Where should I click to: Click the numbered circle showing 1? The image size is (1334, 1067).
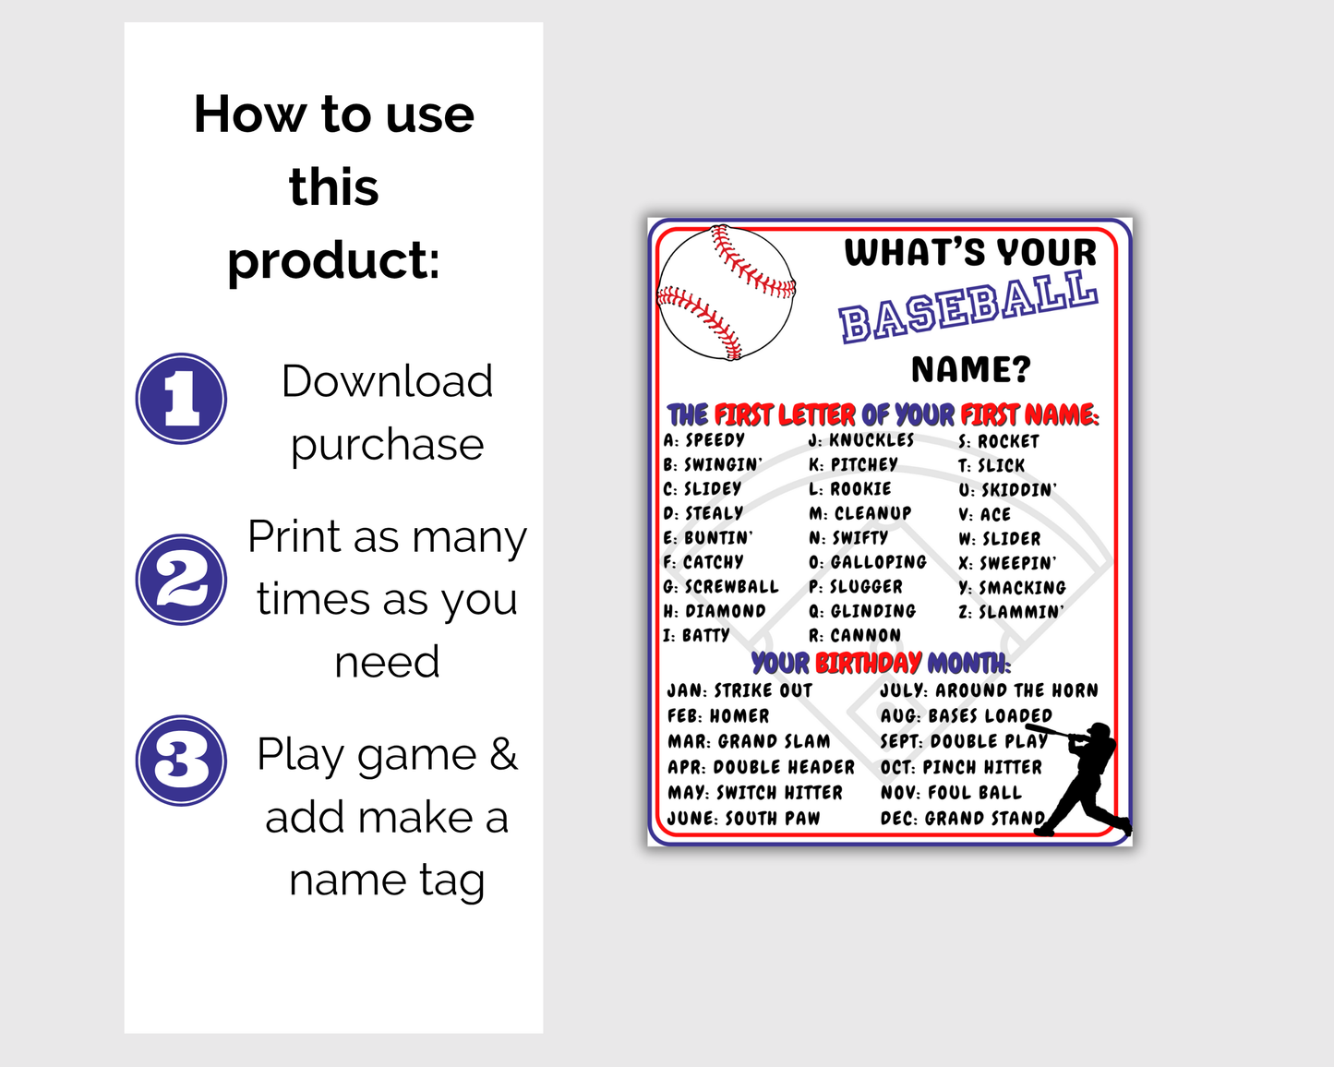point(181,399)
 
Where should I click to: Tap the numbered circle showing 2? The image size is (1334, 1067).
point(181,580)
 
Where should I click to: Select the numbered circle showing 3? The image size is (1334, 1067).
point(181,761)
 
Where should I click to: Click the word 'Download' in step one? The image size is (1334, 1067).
point(387,381)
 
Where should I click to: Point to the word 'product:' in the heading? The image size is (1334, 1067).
point(333,260)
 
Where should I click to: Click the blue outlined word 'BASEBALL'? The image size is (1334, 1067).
point(967,307)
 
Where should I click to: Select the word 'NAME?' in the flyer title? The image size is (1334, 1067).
point(970,369)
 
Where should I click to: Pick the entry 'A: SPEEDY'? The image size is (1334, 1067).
point(703,440)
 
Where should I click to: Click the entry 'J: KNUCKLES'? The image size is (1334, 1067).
point(860,440)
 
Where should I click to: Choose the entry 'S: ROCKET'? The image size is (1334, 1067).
point(998,441)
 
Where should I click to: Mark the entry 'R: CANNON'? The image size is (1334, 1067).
point(854,635)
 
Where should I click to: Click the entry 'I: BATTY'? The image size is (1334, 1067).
point(696,635)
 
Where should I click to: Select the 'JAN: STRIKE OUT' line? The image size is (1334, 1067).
point(739,690)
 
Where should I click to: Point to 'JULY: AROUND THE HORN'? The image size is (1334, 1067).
point(989,690)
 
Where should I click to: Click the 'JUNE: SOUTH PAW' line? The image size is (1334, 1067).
point(743,818)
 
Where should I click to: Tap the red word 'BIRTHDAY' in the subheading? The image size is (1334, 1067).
point(868,663)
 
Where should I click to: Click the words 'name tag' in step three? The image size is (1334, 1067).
point(387,880)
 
